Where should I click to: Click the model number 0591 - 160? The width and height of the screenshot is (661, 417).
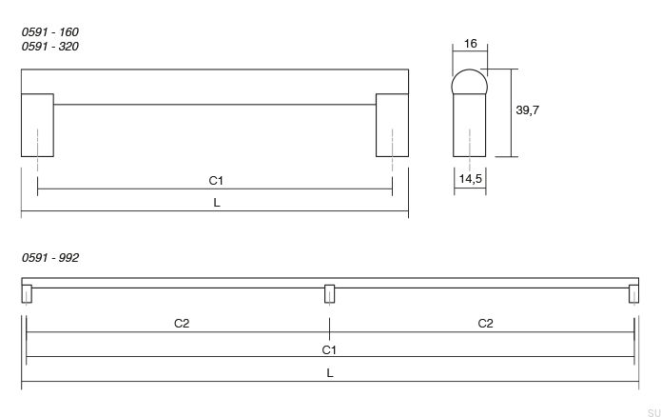(49, 31)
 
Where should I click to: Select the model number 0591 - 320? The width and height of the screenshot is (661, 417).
(49, 45)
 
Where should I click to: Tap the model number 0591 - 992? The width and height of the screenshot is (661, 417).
(49, 258)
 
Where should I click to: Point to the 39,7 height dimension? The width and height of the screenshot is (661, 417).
(528, 110)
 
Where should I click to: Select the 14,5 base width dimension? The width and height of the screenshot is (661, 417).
(470, 178)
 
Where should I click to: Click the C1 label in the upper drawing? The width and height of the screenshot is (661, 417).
(216, 180)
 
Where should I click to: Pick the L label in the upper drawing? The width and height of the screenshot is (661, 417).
(217, 202)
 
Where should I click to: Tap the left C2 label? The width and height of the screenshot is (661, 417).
(182, 323)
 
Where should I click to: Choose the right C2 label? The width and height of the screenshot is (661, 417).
(485, 323)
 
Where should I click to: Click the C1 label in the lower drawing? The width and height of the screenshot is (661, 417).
(329, 349)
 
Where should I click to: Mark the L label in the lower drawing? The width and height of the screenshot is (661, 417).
(330, 373)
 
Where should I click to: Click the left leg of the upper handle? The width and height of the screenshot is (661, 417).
(37, 125)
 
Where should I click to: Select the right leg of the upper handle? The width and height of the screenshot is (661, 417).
(392, 125)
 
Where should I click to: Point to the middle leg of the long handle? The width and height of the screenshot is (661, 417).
(330, 294)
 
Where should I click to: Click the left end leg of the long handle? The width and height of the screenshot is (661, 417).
(27, 294)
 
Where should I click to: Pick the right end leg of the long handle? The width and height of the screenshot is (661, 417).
(633, 294)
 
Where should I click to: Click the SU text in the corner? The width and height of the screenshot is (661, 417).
(653, 411)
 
